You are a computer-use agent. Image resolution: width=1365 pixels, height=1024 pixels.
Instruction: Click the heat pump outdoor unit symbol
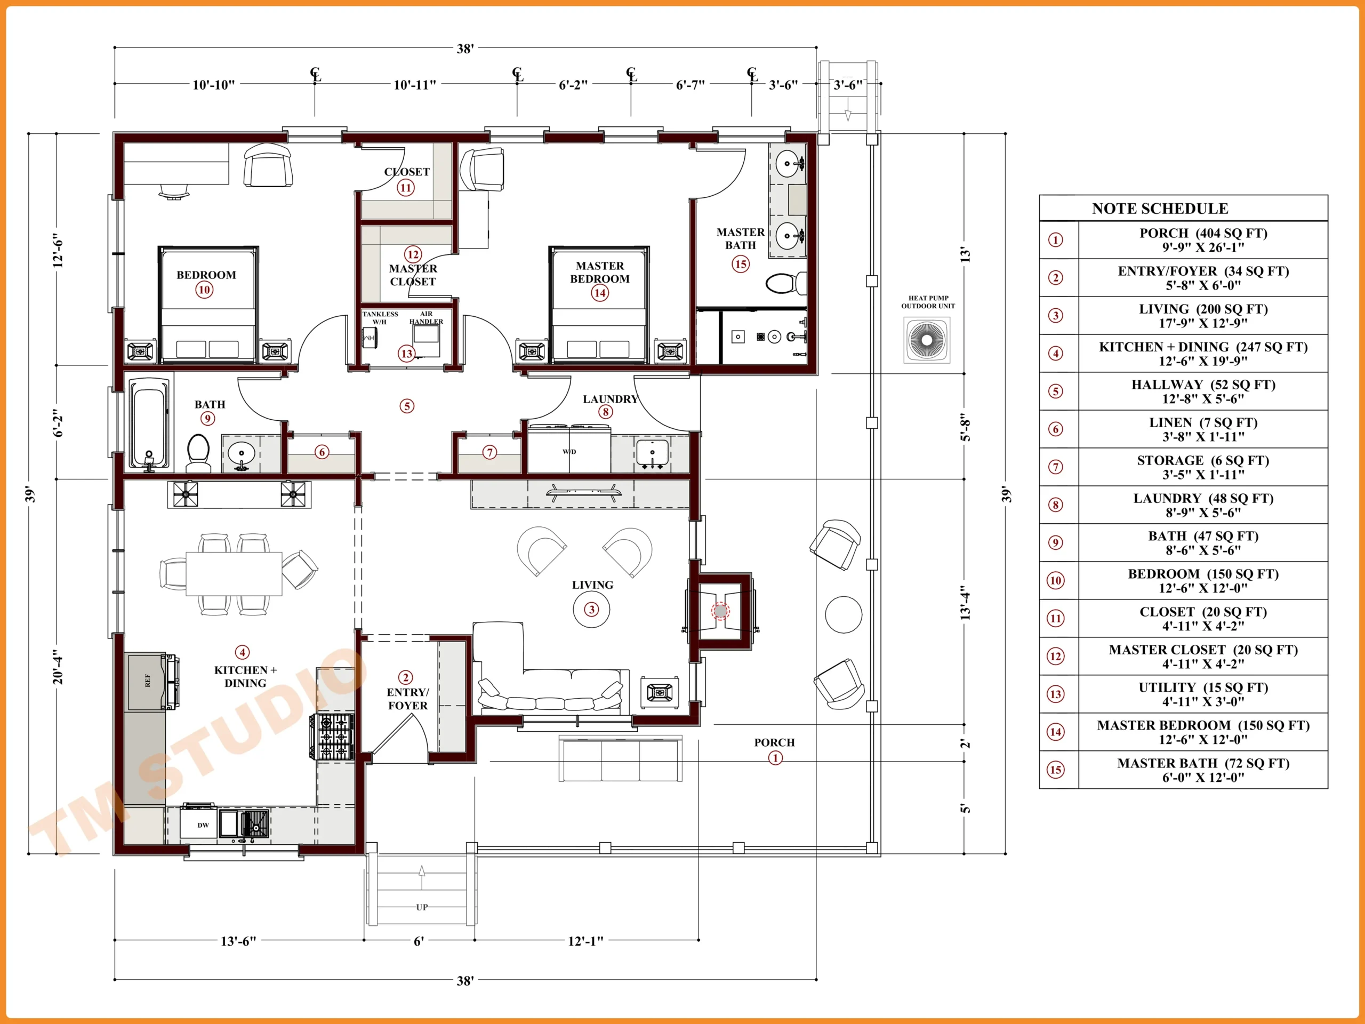926,340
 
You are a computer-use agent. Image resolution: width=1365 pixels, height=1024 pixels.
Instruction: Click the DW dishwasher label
203,825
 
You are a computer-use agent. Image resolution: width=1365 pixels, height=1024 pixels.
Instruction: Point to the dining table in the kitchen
234,573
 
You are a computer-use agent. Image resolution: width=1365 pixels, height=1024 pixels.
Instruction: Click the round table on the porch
844,614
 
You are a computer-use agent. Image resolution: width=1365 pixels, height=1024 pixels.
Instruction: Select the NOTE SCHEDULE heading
1160,209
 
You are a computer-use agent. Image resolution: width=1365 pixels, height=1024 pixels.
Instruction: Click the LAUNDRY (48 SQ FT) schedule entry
1203,505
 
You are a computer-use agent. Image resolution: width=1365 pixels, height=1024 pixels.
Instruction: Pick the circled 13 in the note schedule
1056,694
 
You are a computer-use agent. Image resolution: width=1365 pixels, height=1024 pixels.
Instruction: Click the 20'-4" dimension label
58,667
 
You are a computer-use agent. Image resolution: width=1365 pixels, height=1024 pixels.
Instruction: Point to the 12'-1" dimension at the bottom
585,941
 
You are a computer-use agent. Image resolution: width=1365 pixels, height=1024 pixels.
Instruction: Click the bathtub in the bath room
149,423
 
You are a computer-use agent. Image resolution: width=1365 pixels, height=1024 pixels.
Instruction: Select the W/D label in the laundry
569,452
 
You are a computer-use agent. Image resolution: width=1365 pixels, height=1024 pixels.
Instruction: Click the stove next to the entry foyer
332,737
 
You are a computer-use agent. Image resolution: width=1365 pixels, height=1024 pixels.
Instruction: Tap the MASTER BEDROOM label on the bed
600,272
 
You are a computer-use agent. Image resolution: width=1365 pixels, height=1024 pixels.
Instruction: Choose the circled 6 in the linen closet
322,452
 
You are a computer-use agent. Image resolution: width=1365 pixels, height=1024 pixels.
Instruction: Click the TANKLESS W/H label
380,318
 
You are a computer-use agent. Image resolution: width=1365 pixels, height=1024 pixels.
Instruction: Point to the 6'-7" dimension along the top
690,85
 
